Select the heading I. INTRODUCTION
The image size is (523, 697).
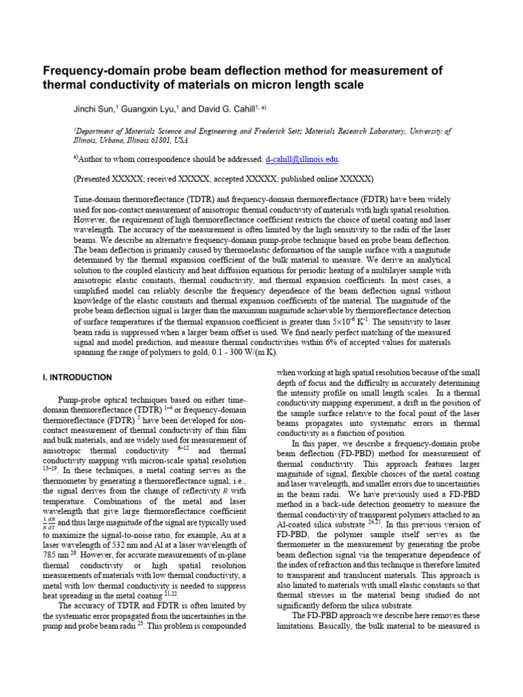pos(78,377)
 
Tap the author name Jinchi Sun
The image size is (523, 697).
pos(94,109)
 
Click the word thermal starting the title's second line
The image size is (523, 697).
pos(63,85)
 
